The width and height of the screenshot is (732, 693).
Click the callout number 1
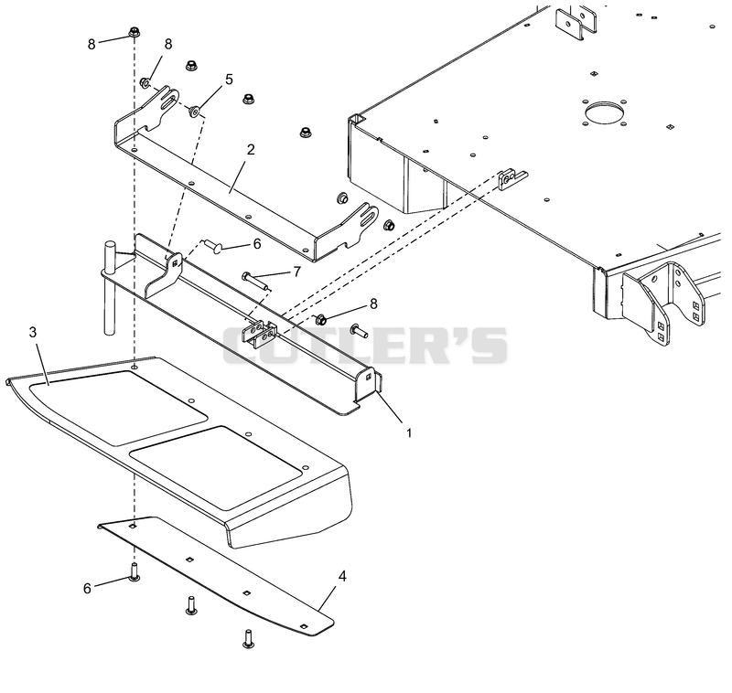(x=409, y=433)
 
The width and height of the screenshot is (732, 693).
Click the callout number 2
(x=251, y=150)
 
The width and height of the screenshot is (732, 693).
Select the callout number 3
(x=33, y=332)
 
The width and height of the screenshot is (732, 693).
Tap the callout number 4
(x=342, y=576)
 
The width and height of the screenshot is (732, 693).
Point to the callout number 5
(x=229, y=80)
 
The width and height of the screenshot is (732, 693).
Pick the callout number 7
(x=296, y=272)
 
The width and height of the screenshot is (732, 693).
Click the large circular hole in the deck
(x=604, y=112)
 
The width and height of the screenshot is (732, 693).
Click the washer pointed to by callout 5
(x=194, y=111)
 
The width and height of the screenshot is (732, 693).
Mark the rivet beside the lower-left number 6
(x=135, y=572)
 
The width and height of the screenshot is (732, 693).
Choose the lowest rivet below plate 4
(x=248, y=639)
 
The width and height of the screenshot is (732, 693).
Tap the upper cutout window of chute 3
(x=118, y=407)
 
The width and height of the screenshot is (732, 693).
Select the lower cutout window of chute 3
(x=216, y=467)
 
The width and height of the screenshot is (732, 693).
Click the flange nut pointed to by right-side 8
(x=321, y=320)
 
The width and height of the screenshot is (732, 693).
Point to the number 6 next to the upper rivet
(x=257, y=244)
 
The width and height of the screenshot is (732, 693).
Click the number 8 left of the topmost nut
(x=91, y=44)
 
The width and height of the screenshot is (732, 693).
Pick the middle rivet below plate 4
(x=191, y=605)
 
